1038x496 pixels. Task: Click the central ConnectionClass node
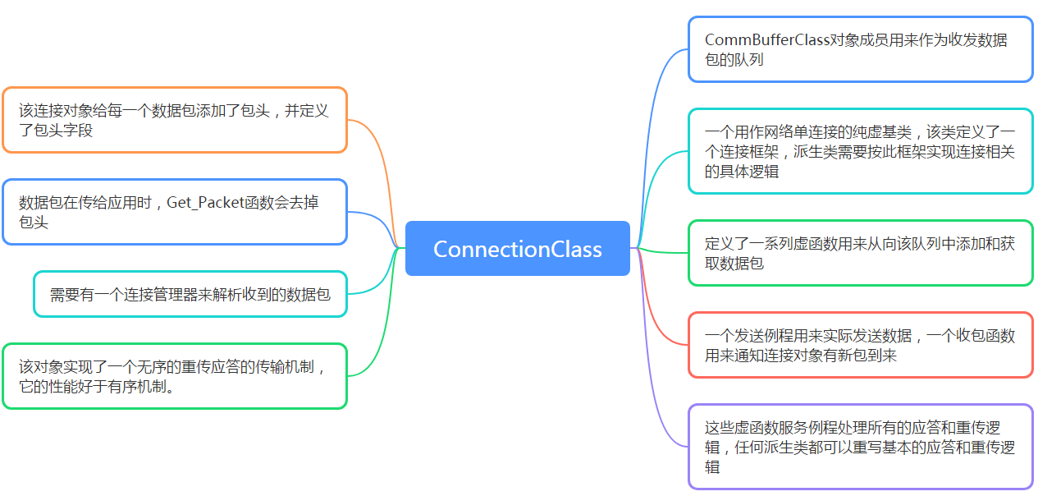click(518, 249)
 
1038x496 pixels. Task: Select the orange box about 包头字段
click(175, 120)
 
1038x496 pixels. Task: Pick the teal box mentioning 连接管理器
click(190, 294)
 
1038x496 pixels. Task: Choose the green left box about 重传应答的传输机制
click(175, 376)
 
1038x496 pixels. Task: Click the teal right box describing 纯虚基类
click(860, 151)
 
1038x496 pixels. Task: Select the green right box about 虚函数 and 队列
click(860, 253)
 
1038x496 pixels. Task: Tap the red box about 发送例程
click(860, 345)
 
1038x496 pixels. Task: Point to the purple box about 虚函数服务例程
click(860, 447)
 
